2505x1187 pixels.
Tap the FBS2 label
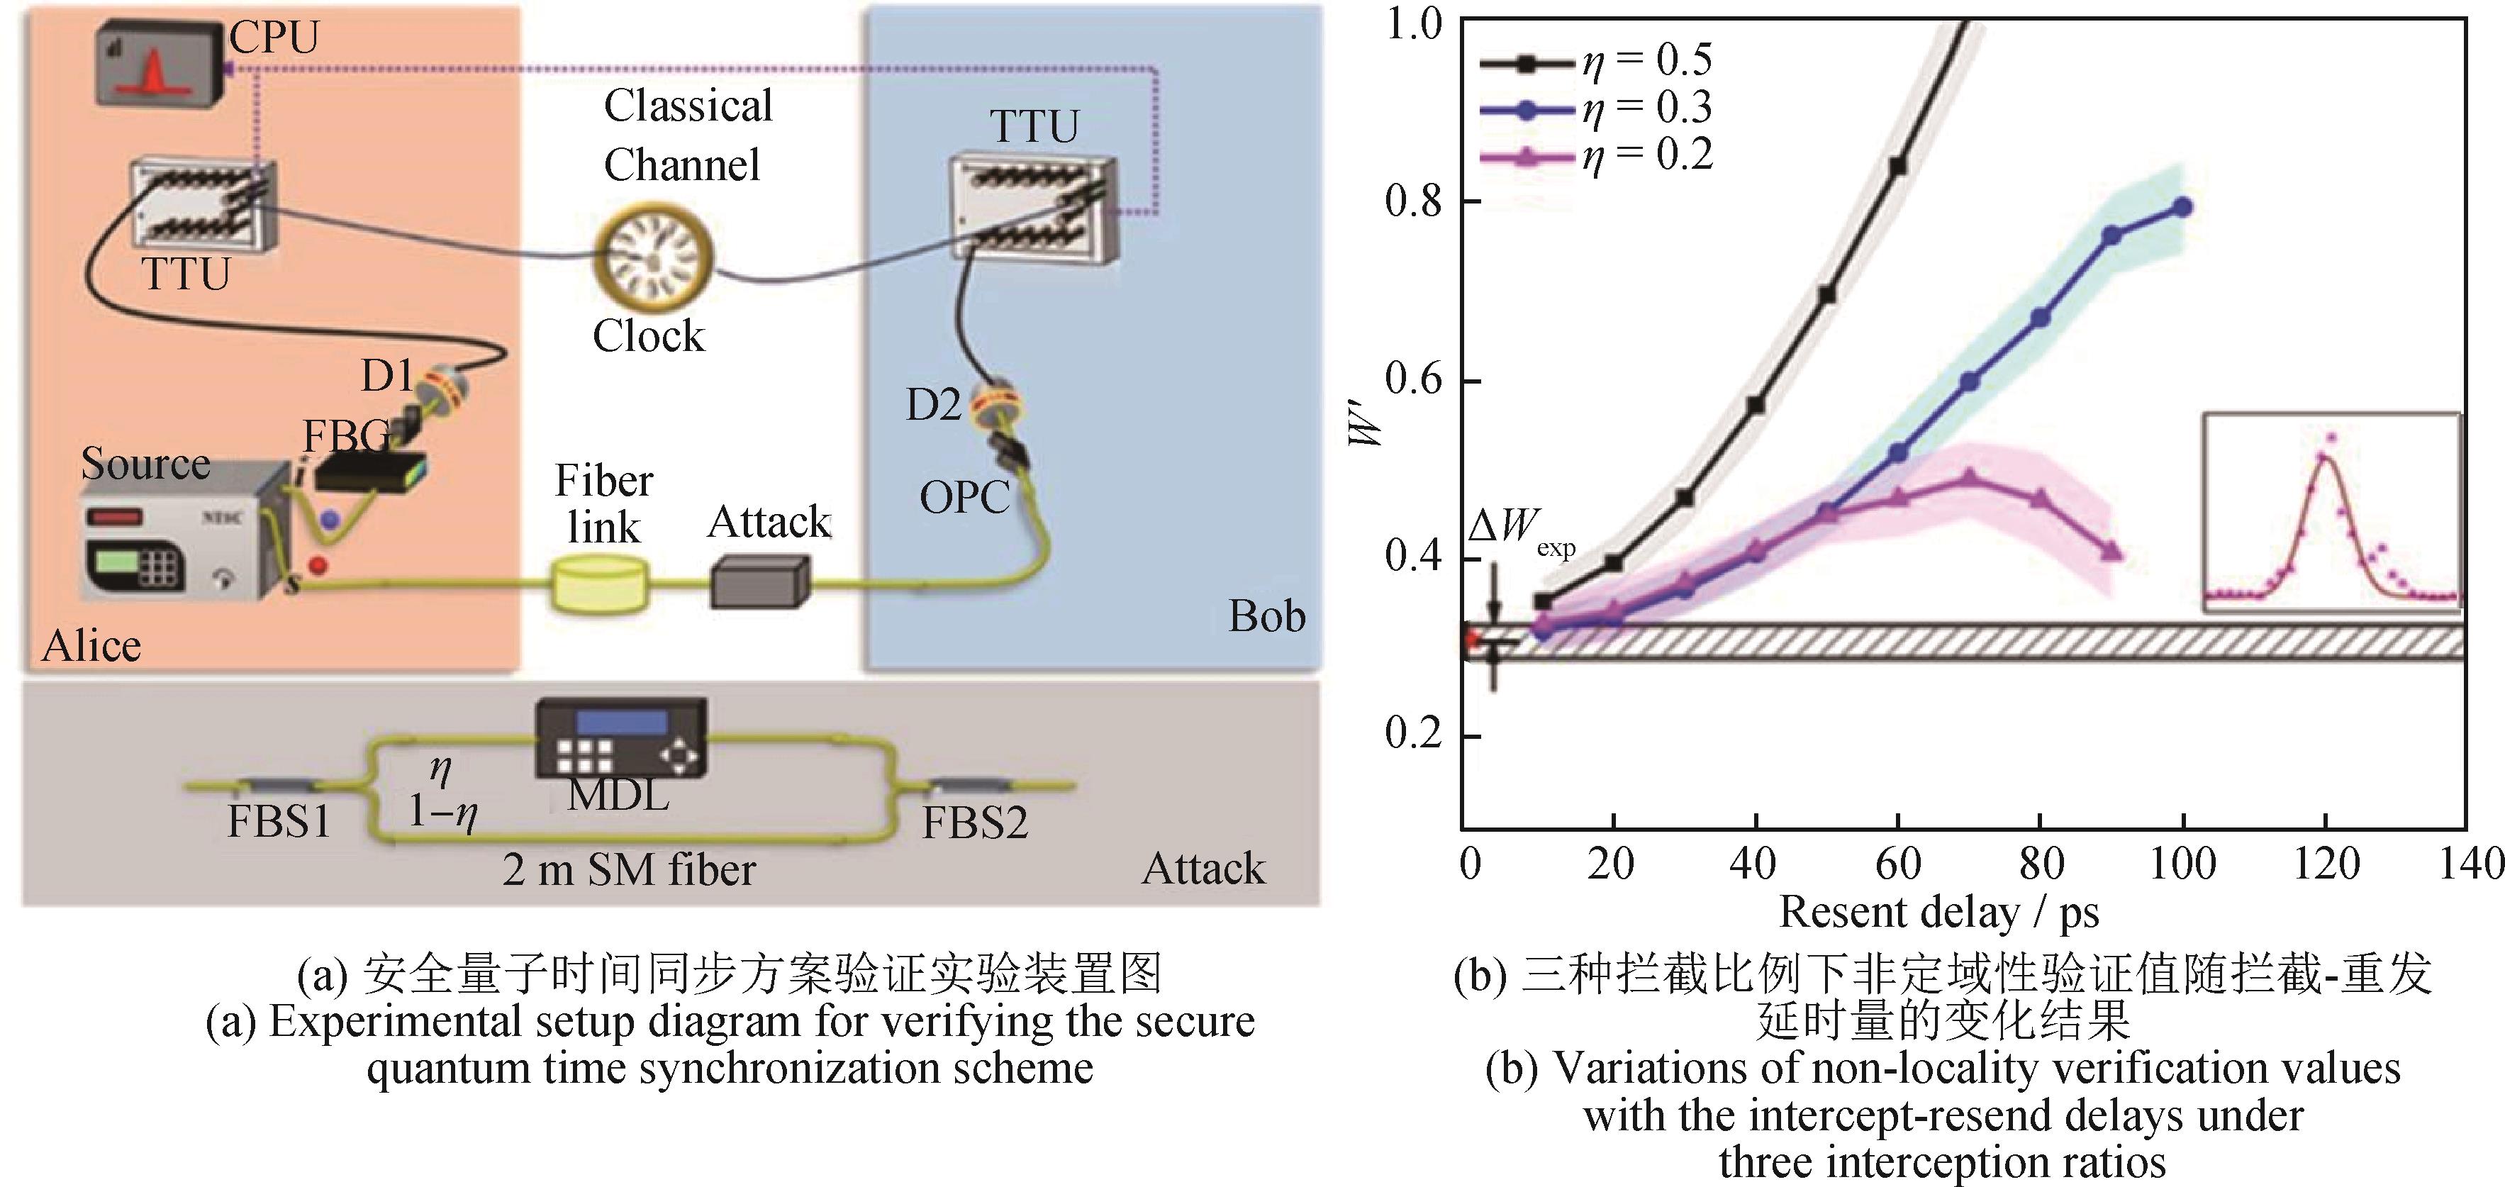click(x=974, y=823)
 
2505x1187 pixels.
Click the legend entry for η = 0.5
click(x=1595, y=61)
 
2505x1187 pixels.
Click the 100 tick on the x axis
click(x=2182, y=863)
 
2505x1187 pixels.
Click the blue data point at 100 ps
click(x=2183, y=207)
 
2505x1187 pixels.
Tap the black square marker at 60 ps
click(x=1897, y=166)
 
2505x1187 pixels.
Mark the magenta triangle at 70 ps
click(x=1969, y=477)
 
